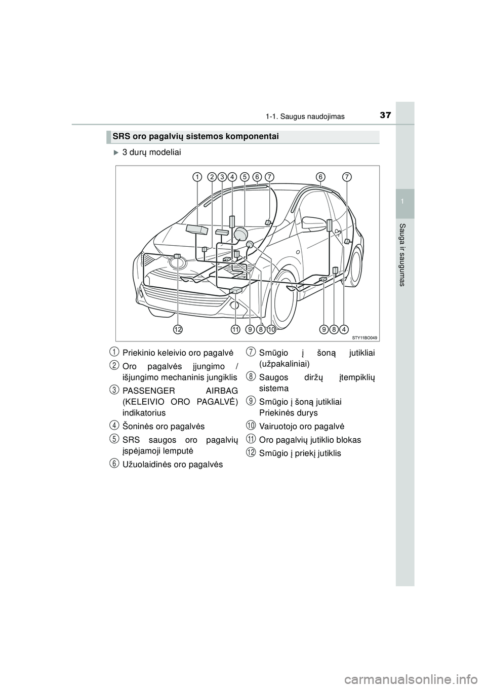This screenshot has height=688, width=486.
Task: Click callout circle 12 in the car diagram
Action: [177, 330]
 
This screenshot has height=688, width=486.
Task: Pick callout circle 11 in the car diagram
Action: [236, 330]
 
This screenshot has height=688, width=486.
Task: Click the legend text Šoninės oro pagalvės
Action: [164, 426]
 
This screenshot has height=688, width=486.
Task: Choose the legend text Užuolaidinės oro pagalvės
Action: [173, 465]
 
